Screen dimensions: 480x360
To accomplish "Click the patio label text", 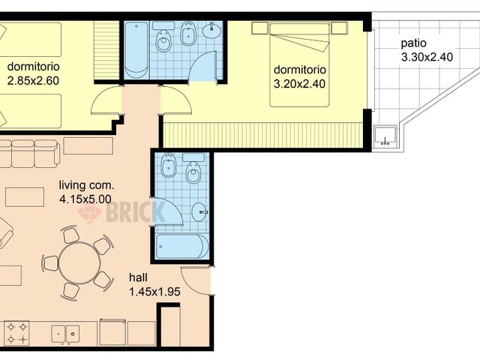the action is (x=413, y=43).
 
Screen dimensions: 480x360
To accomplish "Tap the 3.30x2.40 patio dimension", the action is (x=427, y=57).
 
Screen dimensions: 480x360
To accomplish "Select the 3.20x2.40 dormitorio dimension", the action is (x=299, y=84).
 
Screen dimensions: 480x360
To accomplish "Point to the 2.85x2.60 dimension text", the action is (x=33, y=81).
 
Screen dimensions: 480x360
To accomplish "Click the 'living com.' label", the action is (x=86, y=185).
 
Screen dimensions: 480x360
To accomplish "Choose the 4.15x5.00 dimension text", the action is (x=85, y=199).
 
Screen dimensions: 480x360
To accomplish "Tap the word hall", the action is (x=138, y=277).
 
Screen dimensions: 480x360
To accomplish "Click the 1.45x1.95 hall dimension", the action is (x=154, y=292).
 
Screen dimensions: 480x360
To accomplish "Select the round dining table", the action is (x=79, y=262).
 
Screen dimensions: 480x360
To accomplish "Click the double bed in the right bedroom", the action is (x=299, y=65).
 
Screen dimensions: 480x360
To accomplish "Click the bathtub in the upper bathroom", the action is (x=136, y=50).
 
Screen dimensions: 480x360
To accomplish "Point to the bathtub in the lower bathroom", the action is (x=181, y=247).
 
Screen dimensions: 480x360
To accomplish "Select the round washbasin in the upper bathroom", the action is (x=211, y=30).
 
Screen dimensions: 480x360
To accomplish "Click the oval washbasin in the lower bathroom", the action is (x=199, y=211).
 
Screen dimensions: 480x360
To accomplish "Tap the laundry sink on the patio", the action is (x=385, y=136).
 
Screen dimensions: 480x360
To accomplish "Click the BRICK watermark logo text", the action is (x=135, y=211).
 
